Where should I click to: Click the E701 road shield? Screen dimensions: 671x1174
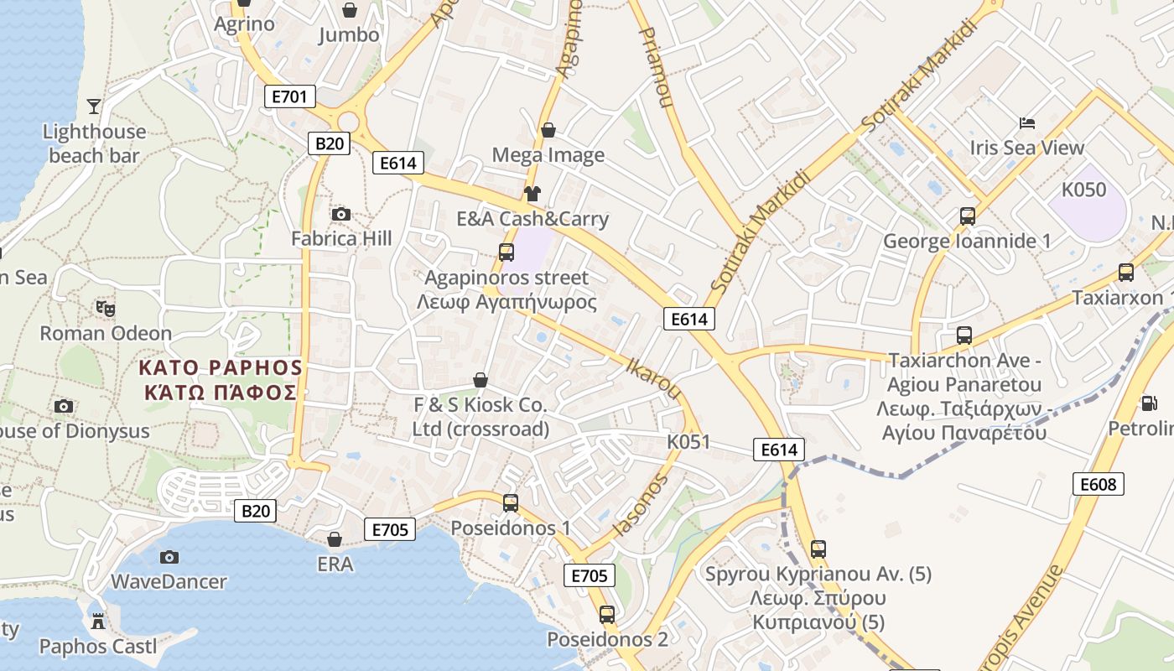(x=289, y=96)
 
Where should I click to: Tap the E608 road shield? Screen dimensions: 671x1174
(x=1098, y=484)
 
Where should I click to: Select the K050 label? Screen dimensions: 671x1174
(x=1083, y=190)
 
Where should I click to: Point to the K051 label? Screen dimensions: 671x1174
(x=688, y=442)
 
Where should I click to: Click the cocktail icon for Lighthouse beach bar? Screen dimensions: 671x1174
(x=94, y=107)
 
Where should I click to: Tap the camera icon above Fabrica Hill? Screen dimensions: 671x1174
(x=340, y=215)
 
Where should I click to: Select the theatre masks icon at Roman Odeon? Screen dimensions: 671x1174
(x=106, y=309)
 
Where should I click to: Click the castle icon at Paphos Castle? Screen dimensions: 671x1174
(x=98, y=622)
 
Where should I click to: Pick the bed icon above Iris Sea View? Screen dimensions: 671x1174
(x=1027, y=123)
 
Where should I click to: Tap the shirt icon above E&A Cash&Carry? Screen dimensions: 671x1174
(x=532, y=194)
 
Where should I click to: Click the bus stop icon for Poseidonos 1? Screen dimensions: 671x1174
(x=510, y=503)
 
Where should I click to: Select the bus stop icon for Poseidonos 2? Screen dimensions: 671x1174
(x=607, y=615)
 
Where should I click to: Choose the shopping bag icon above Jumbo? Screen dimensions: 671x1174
(x=349, y=10)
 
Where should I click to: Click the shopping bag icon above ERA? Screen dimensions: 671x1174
(x=335, y=539)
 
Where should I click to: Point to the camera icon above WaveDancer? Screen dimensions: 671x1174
(x=169, y=557)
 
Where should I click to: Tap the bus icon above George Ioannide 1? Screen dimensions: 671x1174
(x=967, y=216)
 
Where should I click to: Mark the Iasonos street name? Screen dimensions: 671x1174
(x=642, y=504)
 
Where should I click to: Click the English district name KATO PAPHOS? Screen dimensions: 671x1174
(x=220, y=367)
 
